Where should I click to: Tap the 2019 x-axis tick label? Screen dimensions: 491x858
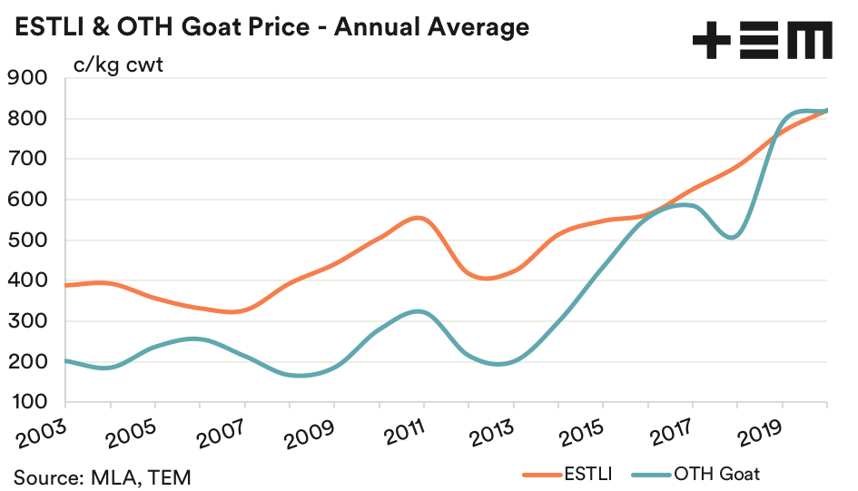759,430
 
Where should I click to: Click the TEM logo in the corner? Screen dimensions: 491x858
762,41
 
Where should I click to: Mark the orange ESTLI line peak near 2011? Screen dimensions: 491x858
416,218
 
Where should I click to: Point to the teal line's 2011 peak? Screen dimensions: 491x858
416,311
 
